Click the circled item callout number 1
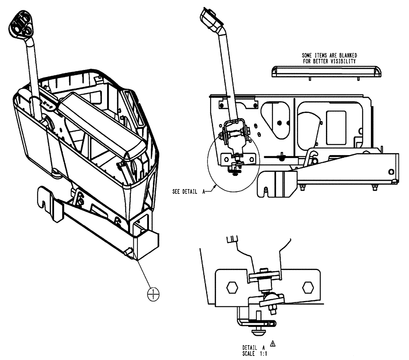click(153, 293)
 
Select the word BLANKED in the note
click(344, 55)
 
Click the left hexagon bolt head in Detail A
click(232, 287)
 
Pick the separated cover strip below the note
click(327, 72)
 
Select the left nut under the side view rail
click(303, 187)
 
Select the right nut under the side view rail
click(375, 187)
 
